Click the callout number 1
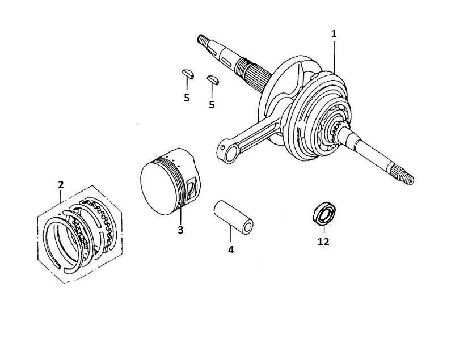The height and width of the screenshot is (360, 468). (334, 34)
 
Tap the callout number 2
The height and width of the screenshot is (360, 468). (61, 185)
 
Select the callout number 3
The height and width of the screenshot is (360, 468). (180, 230)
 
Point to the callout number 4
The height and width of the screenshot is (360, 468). (231, 249)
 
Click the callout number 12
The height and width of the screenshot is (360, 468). (323, 242)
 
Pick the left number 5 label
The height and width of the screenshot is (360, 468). (187, 98)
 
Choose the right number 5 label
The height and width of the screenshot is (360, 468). (212, 104)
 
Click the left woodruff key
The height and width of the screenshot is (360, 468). (188, 74)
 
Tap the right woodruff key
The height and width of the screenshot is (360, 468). (213, 79)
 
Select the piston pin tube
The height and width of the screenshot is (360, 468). (233, 218)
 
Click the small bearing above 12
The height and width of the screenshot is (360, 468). (324, 213)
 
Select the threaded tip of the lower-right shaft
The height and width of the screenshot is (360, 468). (408, 179)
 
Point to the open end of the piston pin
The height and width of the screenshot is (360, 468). (248, 227)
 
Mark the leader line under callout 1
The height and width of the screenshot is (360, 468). (334, 57)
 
